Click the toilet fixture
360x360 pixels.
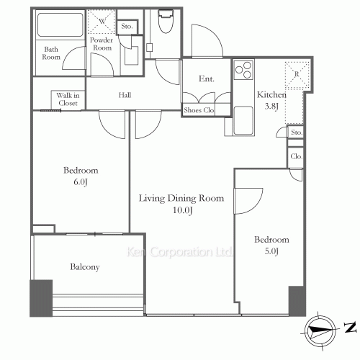tap(166, 21)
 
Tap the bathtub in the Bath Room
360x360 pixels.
tap(60, 24)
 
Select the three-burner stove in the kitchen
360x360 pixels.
tap(244, 70)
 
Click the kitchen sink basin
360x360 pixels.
tap(243, 121)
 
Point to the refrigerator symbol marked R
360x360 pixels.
tap(297, 74)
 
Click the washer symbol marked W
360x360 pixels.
tap(102, 22)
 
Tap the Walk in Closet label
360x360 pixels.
tap(68, 99)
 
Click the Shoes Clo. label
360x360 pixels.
tap(199, 110)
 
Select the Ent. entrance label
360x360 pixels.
tap(207, 78)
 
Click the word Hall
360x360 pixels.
tap(125, 95)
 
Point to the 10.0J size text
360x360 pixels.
tap(183, 210)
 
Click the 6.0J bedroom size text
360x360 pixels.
tap(81, 182)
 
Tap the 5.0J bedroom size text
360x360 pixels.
tap(271, 251)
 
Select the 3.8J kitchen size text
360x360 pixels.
tap(271, 106)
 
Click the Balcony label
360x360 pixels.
tap(85, 267)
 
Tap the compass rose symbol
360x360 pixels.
tap(320, 331)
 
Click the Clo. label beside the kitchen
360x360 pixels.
tap(296, 156)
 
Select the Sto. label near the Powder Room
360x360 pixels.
tap(127, 26)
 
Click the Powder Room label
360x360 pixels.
tap(102, 44)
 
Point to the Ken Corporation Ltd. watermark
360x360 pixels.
tap(179, 252)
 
